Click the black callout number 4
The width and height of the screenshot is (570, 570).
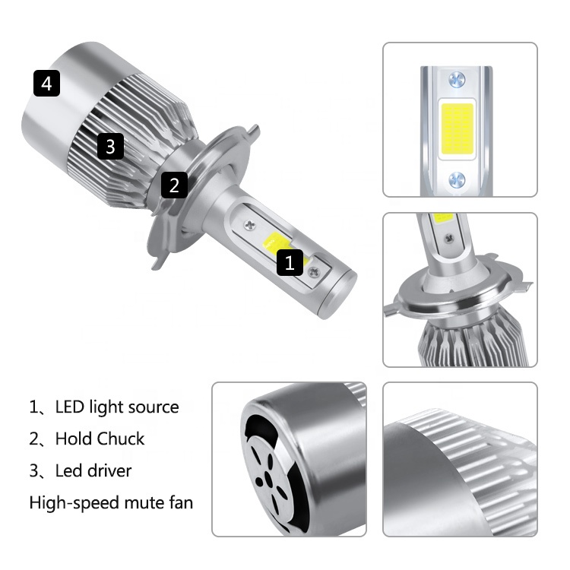(x=46, y=83)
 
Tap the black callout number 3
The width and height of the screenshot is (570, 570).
(x=110, y=145)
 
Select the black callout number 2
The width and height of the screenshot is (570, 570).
(x=174, y=185)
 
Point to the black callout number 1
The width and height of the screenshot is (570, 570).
(x=289, y=262)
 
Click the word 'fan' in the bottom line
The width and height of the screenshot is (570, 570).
(x=180, y=503)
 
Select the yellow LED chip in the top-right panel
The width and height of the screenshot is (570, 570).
(x=456, y=128)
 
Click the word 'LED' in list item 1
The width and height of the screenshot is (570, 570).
(x=70, y=407)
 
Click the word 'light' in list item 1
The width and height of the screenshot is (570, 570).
(x=106, y=407)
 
